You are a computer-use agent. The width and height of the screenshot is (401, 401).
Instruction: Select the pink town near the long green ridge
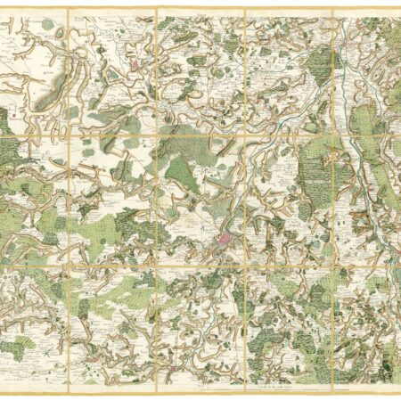[135, 64]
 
